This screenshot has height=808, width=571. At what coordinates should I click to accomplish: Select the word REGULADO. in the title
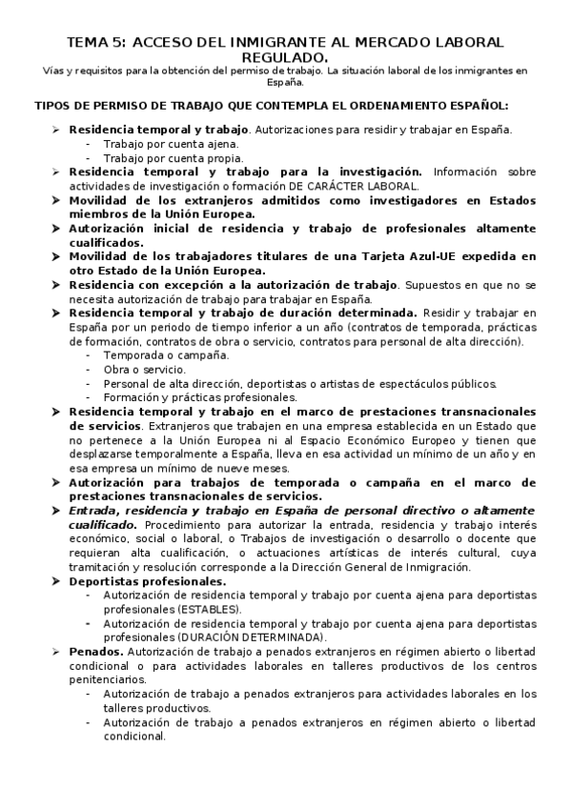click(x=285, y=58)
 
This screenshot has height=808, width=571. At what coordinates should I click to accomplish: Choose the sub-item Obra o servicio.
click(x=145, y=369)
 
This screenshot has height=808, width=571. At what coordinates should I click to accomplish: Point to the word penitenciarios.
click(x=108, y=679)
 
